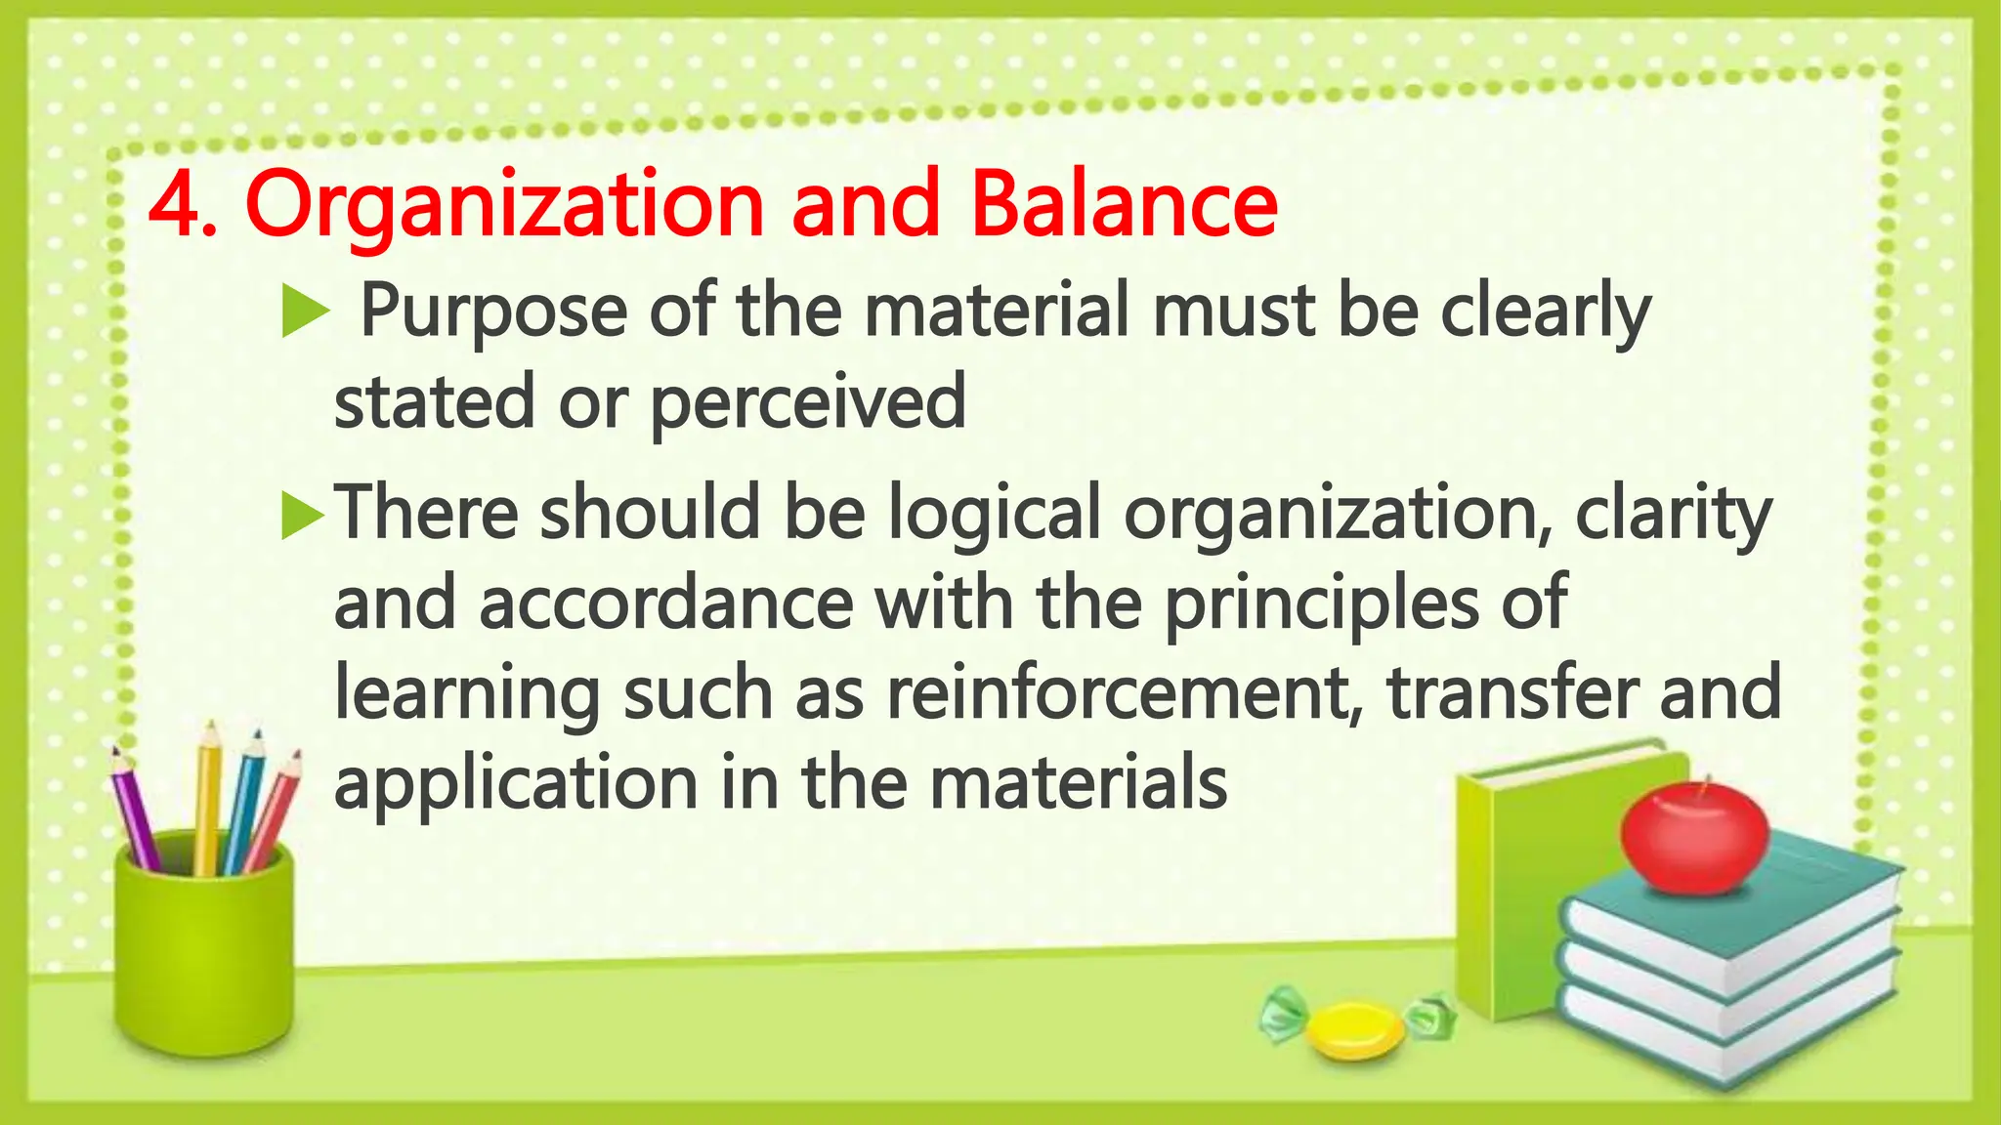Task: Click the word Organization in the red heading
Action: coord(504,207)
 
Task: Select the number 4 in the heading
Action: coord(174,207)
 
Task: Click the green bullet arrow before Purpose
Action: coord(304,315)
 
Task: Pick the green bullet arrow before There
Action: coord(302,516)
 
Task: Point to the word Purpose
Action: coord(493,312)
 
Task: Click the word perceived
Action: coord(807,402)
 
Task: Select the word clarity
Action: coord(1672,515)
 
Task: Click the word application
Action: coord(515,784)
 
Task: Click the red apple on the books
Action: coord(1693,838)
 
